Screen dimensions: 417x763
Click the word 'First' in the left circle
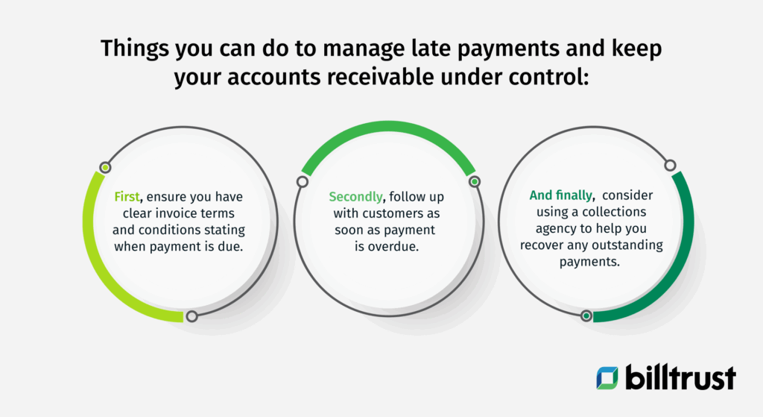[x=127, y=197]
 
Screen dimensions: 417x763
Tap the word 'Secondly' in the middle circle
[x=354, y=197]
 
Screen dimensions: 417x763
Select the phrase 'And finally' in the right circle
[x=561, y=195]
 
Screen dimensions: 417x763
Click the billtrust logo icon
[x=607, y=377]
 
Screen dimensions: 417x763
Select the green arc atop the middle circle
[x=387, y=128]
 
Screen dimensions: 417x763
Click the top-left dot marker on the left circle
[x=105, y=167]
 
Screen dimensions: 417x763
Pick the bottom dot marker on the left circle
[x=191, y=316]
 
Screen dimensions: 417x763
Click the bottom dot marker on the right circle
[x=586, y=316]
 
